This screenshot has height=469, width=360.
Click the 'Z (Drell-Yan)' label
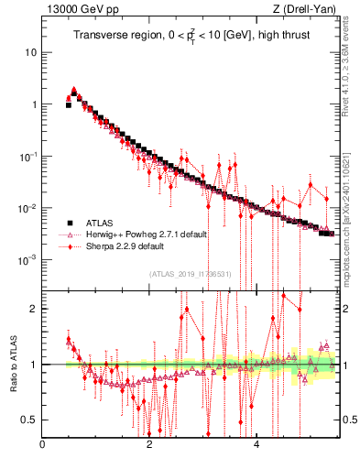(304, 9)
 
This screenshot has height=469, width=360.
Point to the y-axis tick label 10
(30, 52)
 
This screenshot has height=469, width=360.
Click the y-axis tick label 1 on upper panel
(34, 104)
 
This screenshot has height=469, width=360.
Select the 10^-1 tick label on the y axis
(28, 156)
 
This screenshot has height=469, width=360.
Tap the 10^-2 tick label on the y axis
(28, 208)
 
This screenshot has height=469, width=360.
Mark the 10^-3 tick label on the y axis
(28, 260)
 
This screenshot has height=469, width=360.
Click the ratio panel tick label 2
(33, 309)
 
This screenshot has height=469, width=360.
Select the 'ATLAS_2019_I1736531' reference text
(189, 274)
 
